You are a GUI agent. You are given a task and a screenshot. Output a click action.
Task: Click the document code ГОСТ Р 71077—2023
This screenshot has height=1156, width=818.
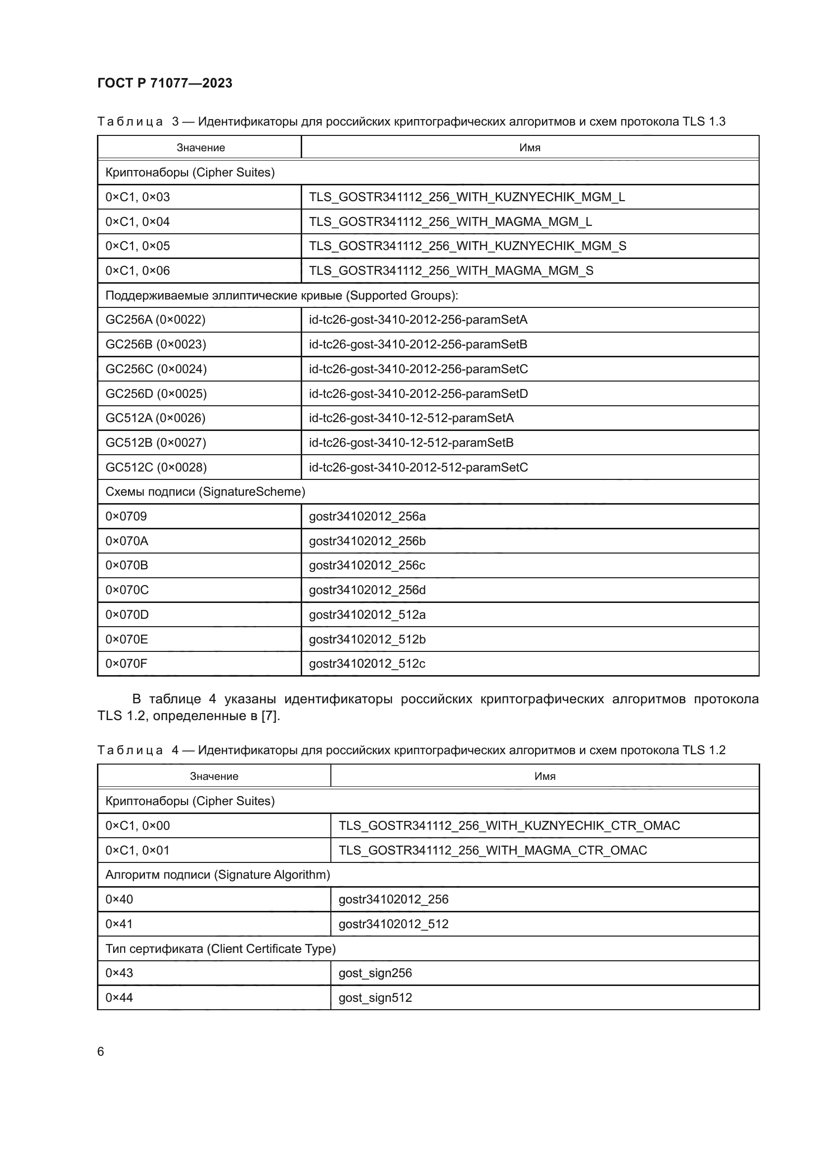(x=165, y=83)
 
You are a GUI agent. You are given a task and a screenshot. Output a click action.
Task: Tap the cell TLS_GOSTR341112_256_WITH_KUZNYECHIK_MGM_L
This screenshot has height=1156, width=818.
(x=466, y=197)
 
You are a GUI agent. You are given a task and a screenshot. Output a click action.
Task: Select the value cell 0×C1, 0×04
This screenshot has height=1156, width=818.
(x=137, y=221)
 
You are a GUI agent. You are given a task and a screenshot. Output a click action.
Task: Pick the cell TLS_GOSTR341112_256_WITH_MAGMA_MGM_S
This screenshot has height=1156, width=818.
(x=451, y=271)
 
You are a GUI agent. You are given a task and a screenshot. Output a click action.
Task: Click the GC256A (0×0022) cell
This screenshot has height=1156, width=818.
(x=155, y=320)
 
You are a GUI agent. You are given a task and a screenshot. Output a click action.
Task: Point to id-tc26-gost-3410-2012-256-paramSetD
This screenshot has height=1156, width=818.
(x=418, y=394)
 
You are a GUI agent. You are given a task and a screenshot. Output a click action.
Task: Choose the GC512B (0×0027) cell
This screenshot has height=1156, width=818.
(x=156, y=442)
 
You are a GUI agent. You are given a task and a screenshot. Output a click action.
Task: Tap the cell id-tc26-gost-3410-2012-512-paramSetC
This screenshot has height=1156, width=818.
(x=418, y=467)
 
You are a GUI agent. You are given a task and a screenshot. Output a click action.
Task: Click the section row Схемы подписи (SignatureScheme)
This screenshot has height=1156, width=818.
(x=205, y=492)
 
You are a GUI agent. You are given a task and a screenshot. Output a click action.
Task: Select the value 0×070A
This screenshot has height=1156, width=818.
(x=127, y=541)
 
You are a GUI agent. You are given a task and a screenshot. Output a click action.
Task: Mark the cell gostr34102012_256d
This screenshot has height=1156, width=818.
(x=366, y=590)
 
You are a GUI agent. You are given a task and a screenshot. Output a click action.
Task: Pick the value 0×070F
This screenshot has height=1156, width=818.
(x=127, y=664)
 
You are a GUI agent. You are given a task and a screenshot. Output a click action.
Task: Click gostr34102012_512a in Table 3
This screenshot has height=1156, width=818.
(x=366, y=614)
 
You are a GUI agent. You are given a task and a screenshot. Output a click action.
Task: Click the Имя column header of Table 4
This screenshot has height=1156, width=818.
(x=545, y=776)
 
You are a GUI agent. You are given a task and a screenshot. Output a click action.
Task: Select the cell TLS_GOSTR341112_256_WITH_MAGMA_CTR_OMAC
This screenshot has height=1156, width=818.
(x=492, y=851)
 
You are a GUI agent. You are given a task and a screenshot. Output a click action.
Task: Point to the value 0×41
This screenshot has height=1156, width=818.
(x=119, y=924)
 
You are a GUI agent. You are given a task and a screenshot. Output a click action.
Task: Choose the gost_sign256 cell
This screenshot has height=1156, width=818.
(x=375, y=973)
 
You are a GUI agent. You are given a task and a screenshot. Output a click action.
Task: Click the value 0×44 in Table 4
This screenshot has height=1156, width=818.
(x=119, y=998)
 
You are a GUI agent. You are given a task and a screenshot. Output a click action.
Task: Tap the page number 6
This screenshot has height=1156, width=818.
(x=101, y=1052)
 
